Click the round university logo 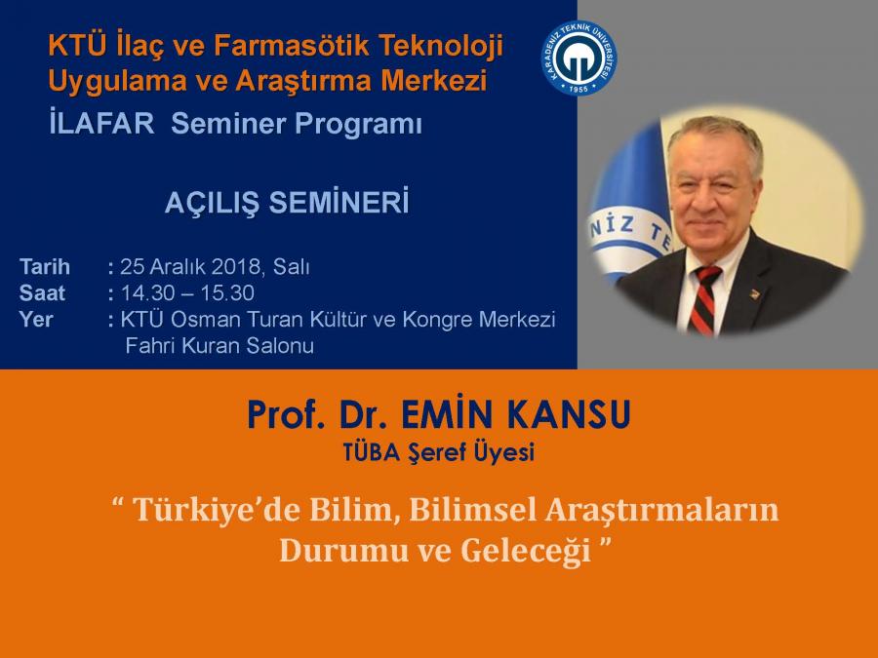(579, 58)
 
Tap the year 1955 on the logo (579, 89)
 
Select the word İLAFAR (101, 124)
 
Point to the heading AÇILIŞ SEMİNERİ (287, 203)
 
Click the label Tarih (45, 267)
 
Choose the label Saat (42, 293)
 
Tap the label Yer (36, 320)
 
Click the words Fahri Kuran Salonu (219, 346)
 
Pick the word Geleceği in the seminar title (526, 551)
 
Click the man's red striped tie (704, 300)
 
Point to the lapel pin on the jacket (754, 293)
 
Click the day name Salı (291, 267)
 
